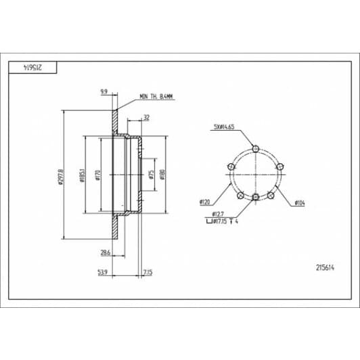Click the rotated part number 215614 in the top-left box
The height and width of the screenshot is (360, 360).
tap(32, 66)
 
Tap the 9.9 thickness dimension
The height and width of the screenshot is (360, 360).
tap(104, 90)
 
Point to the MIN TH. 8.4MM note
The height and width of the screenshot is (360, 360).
tap(156, 97)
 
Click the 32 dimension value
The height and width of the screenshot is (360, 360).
tap(146, 118)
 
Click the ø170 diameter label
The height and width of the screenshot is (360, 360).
tap(99, 175)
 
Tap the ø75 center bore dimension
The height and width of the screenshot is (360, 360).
tap(153, 174)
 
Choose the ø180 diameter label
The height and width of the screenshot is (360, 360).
tap(163, 174)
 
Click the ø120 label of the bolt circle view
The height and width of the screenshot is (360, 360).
tap(204, 202)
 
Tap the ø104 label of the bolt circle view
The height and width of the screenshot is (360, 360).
tap(301, 202)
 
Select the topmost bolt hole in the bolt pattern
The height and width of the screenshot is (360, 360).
tap(254, 149)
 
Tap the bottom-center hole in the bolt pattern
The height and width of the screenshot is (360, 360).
tap(254, 197)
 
